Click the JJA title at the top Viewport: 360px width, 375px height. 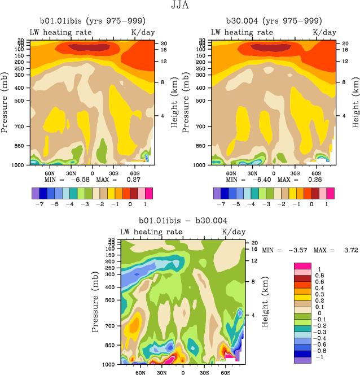180,6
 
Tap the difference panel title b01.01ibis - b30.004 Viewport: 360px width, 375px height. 183,221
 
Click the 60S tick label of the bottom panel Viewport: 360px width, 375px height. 225,373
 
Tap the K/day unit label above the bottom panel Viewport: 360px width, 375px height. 233,232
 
